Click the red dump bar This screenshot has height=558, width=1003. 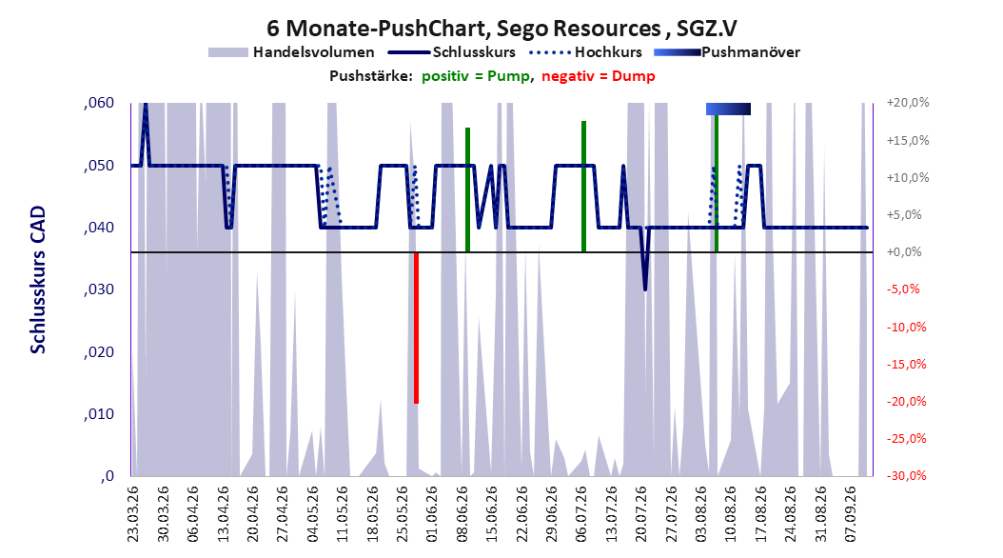pyautogui.click(x=417, y=328)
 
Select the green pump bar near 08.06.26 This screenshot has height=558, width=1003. pyautogui.click(x=467, y=189)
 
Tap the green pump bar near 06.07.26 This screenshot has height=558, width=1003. pyautogui.click(x=584, y=187)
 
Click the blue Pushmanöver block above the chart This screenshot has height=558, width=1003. pyautogui.click(x=728, y=109)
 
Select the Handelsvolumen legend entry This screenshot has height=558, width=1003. pyautogui.click(x=291, y=52)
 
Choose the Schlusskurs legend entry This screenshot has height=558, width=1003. pyautogui.click(x=452, y=52)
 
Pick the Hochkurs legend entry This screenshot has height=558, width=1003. pyautogui.click(x=585, y=52)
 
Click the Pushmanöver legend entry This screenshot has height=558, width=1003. pyautogui.click(x=727, y=52)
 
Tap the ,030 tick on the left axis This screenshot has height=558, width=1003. pyautogui.click(x=99, y=289)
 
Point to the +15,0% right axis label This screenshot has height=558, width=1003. pyautogui.click(x=908, y=140)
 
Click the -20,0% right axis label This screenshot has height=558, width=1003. pyautogui.click(x=906, y=401)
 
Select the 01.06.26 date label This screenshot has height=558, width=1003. pyautogui.click(x=432, y=514)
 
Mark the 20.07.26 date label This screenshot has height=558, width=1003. pyautogui.click(x=641, y=514)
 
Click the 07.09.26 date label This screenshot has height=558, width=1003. pyautogui.click(x=851, y=514)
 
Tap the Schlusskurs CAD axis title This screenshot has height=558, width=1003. pyautogui.click(x=38, y=279)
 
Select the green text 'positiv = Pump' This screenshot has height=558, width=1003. pyautogui.click(x=475, y=76)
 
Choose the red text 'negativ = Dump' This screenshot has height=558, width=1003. pyautogui.click(x=599, y=76)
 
